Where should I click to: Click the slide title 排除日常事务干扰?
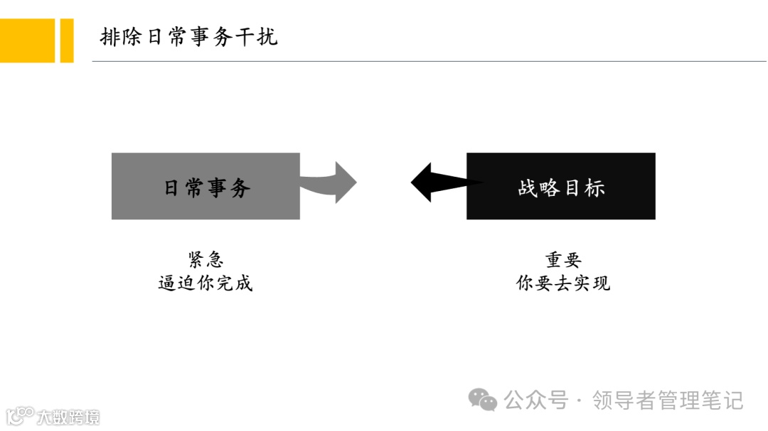[x=188, y=37]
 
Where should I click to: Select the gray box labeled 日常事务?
[x=206, y=186]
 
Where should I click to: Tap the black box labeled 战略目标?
[x=561, y=186]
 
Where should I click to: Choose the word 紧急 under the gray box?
[x=206, y=259]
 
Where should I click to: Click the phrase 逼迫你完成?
[x=206, y=283]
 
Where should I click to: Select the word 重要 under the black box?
[x=563, y=259]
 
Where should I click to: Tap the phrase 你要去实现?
[x=563, y=283]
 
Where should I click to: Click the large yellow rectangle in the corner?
[x=27, y=40]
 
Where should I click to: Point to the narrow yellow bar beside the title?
[x=67, y=40]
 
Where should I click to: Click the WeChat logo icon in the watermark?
[x=483, y=400]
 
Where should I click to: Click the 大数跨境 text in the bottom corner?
[x=69, y=417]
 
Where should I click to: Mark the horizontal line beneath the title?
[x=427, y=62]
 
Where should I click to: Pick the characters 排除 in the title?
[x=122, y=37]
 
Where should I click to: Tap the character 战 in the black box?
[x=528, y=187]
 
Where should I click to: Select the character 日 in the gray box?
[x=172, y=187]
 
